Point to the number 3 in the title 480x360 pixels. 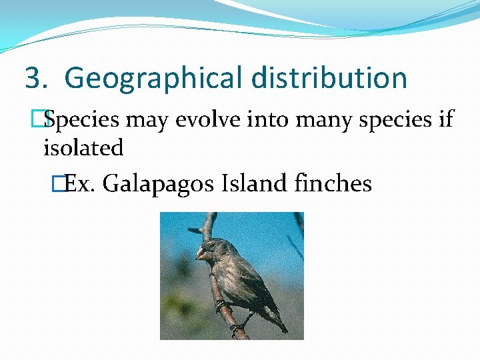point(33,78)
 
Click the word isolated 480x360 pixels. point(83,148)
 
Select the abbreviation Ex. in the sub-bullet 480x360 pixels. point(81,183)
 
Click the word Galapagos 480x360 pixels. point(159,183)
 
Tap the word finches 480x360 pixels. point(333,183)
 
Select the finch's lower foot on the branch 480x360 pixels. point(235,328)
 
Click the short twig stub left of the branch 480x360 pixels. point(194,231)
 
